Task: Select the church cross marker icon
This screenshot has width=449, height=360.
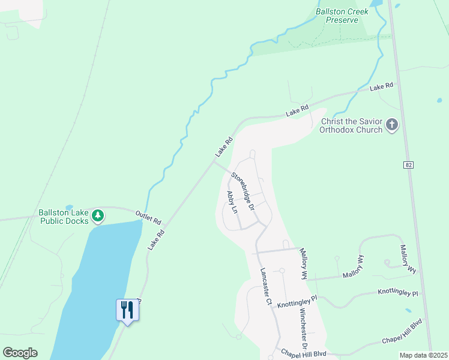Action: [392, 125]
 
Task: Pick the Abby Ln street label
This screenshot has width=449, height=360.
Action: [232, 202]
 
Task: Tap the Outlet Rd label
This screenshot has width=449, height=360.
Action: [148, 217]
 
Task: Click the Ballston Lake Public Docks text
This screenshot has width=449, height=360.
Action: [64, 217]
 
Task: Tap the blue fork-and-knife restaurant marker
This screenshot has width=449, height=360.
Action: [127, 310]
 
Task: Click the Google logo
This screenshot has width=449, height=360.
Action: [20, 353]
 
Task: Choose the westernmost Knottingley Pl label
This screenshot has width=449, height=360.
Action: [297, 302]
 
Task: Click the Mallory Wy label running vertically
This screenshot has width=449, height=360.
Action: [304, 265]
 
